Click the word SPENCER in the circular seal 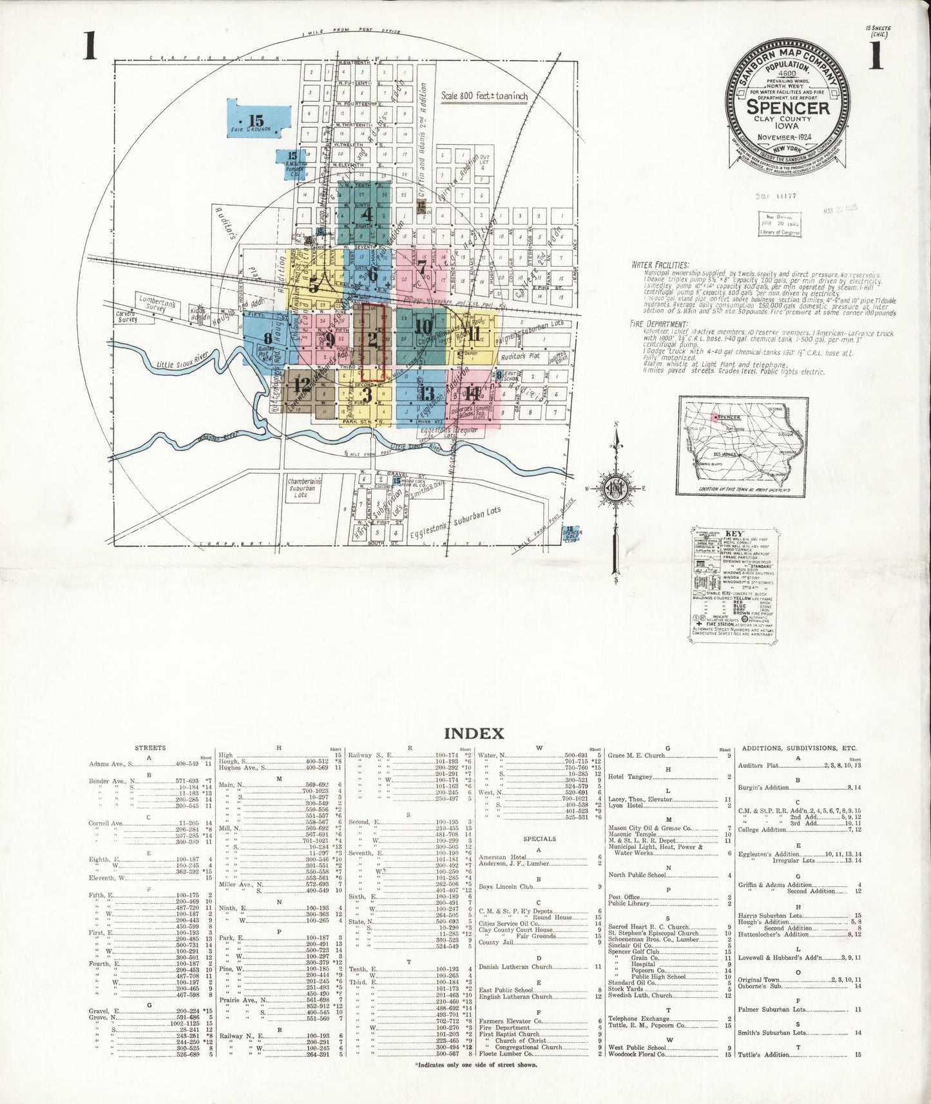787,107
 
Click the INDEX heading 474,733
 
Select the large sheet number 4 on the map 367,213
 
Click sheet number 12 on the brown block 302,385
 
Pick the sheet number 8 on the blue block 267,338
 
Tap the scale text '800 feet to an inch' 484,96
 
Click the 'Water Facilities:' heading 660,265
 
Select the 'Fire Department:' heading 660,324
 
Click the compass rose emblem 617,488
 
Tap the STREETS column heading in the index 150,748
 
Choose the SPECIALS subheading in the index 540,839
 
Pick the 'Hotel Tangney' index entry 631,777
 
